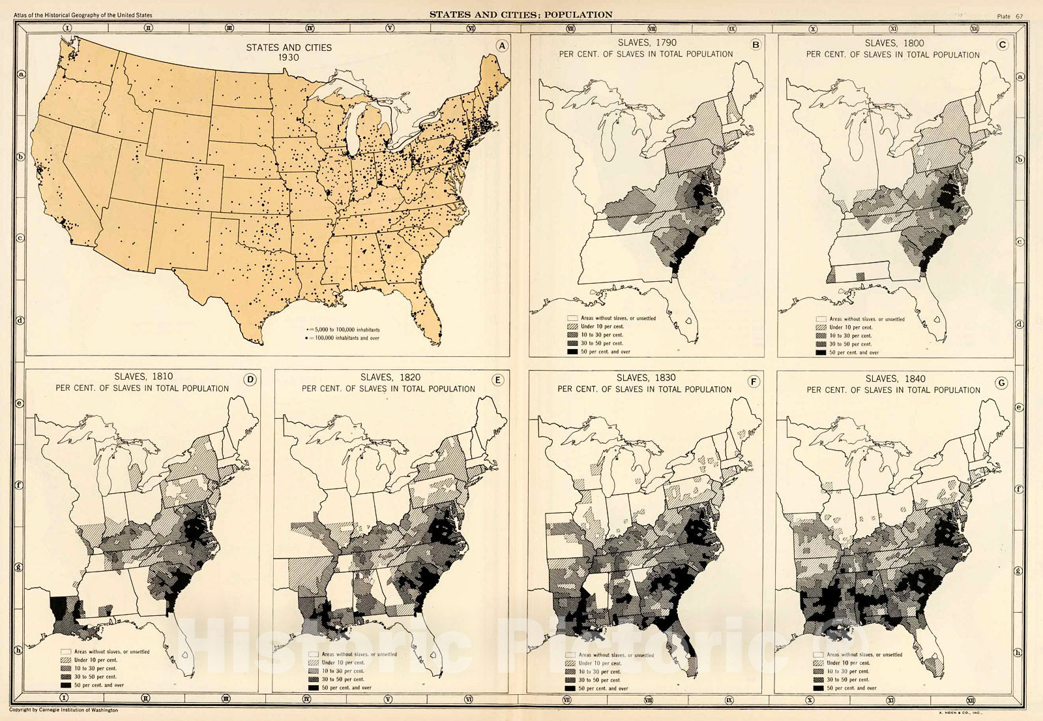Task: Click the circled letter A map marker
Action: [x=501, y=46]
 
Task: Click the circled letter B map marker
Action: [x=756, y=45]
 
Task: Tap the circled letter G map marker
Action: [x=1001, y=383]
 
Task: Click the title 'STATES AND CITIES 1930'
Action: [x=289, y=52]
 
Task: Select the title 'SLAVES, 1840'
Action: [x=894, y=378]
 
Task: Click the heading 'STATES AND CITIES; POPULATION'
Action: [x=521, y=14]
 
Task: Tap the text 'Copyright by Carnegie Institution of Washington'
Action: [x=64, y=710]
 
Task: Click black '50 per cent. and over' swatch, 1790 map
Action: [x=572, y=352]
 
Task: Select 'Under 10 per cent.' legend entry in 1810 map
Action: [x=95, y=660]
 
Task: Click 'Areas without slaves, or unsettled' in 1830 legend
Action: [x=616, y=655]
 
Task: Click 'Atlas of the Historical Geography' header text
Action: [x=83, y=15]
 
